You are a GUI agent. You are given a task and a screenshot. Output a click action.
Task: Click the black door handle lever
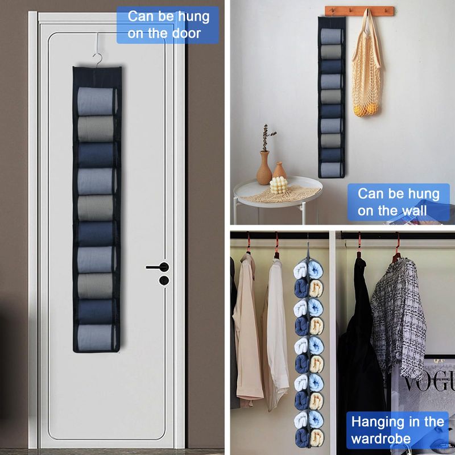click(158, 267)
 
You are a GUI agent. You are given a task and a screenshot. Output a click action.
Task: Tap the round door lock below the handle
click(164, 280)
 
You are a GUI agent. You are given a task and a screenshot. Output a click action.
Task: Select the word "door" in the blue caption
click(187, 33)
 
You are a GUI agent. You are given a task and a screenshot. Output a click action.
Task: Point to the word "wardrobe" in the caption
click(380, 439)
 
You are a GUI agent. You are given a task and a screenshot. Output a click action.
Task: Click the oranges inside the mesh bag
click(366, 110)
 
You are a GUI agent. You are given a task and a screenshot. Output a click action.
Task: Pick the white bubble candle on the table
click(279, 185)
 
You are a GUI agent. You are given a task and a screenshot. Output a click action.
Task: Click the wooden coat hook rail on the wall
click(359, 11)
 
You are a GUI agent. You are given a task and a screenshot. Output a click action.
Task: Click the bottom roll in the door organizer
click(96, 337)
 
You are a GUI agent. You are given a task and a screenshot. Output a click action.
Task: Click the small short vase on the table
click(279, 170)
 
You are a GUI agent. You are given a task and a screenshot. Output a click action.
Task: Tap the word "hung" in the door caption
click(193, 17)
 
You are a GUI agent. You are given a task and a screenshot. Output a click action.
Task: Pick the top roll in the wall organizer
click(331, 36)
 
